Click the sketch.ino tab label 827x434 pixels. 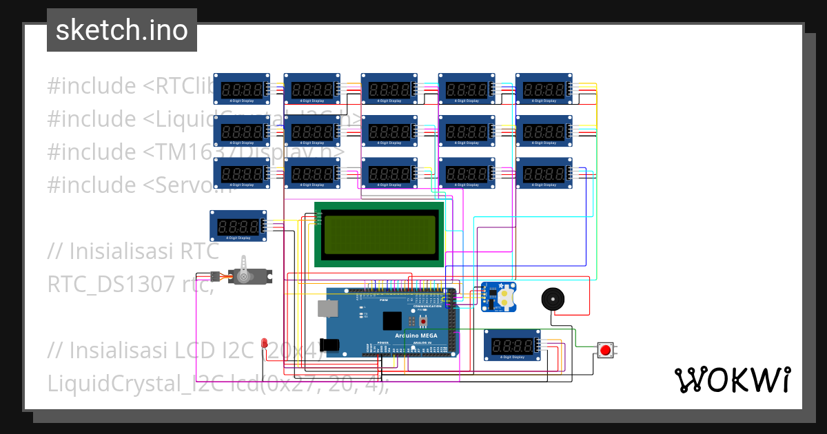121,30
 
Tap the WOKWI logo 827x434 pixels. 732,380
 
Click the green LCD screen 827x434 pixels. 379,234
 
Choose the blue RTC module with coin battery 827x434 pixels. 498,297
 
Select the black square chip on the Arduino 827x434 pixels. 391,321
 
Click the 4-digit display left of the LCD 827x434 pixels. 238,226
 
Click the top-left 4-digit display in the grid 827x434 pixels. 241,89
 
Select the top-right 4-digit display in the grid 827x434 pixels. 543,89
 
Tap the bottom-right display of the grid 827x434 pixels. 543,173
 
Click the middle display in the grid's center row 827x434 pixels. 389,131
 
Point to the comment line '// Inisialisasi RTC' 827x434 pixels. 133,251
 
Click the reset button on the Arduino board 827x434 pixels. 422,321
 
